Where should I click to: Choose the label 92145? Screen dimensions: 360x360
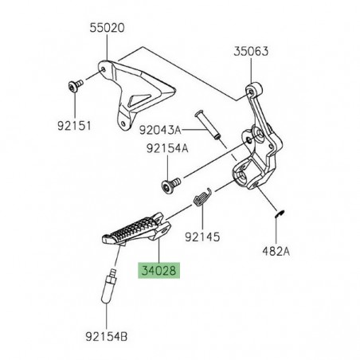point(201,236)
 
